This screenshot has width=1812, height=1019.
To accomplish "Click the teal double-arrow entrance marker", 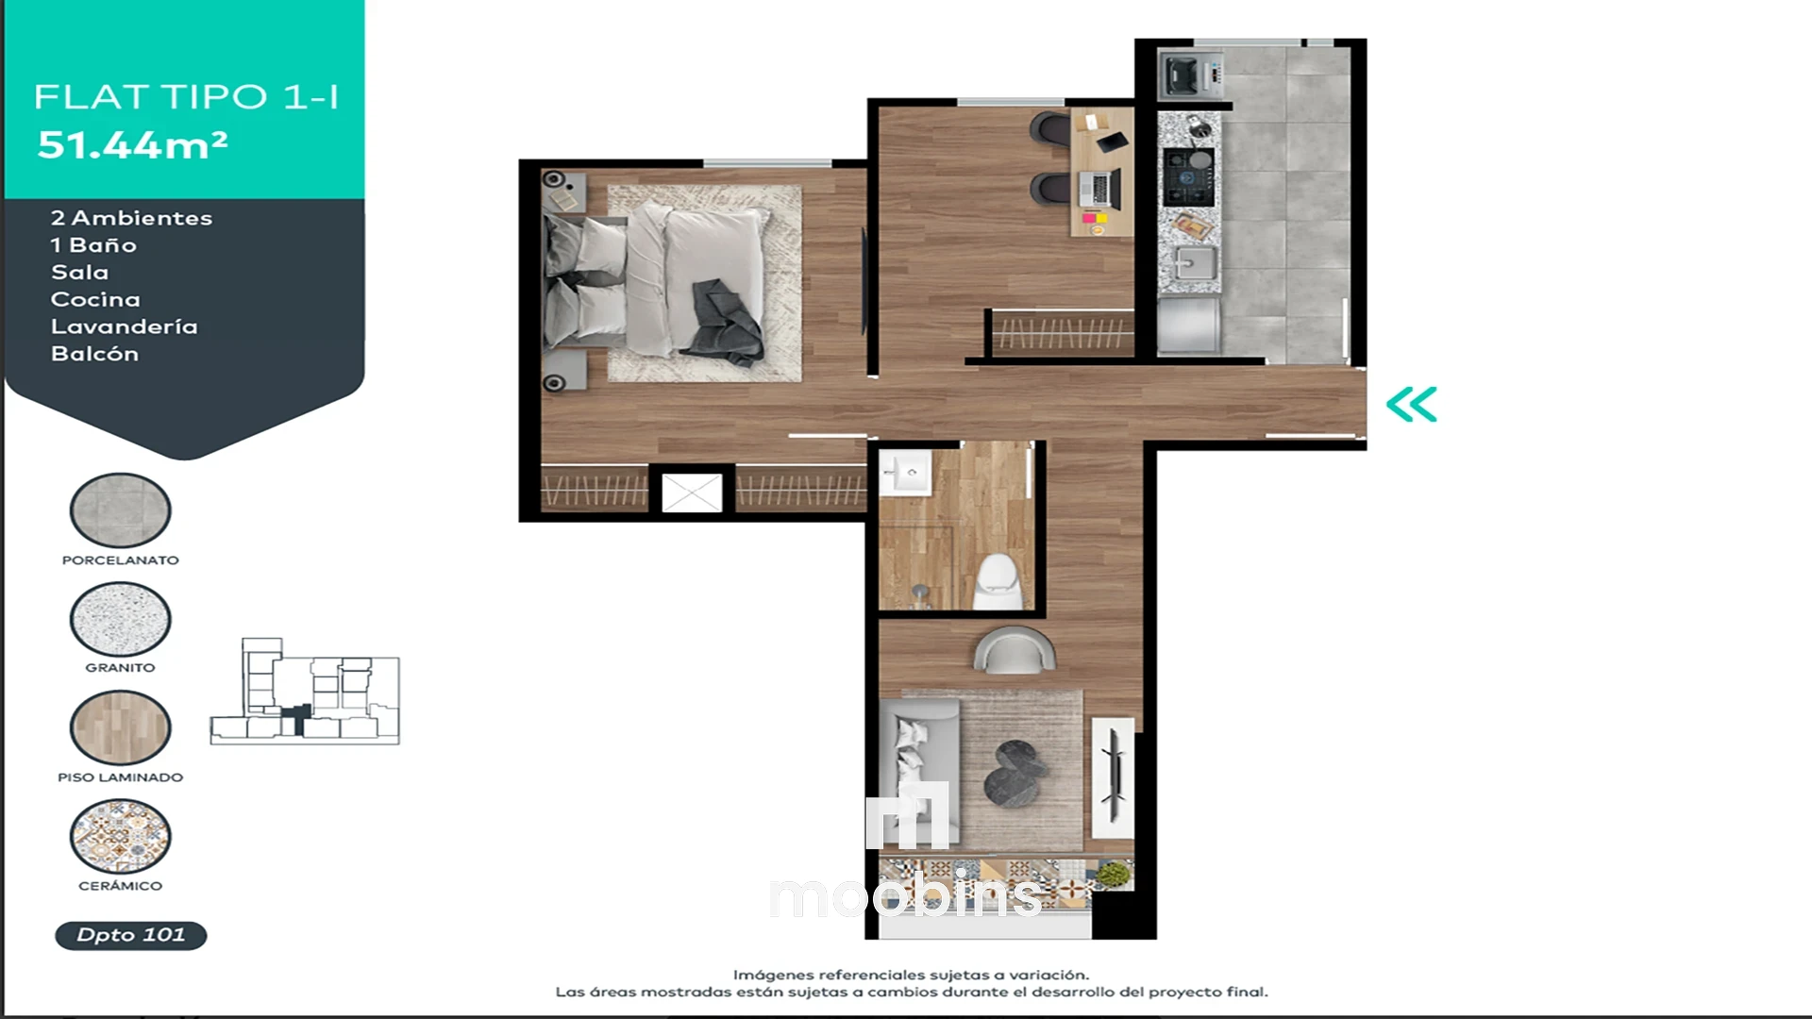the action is point(1411,404).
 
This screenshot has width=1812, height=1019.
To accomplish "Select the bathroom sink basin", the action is point(906,472).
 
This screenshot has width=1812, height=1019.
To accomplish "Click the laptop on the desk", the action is point(1099,189).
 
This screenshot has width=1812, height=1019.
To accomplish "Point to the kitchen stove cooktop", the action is point(1188,176).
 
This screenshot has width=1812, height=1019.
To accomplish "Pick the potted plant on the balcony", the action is point(1115,874).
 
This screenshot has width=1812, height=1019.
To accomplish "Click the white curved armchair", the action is point(1014,651).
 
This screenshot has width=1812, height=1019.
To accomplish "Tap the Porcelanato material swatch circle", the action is point(120,510).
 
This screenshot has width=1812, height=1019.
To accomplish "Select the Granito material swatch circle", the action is point(120,619).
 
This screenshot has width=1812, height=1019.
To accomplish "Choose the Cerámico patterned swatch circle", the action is point(120,837).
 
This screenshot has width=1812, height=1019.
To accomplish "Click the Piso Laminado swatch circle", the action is point(120,727).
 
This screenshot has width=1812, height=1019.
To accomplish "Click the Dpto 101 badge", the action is point(130,935).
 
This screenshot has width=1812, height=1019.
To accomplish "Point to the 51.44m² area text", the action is point(132,144).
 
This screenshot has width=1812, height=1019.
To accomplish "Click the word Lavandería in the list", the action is point(124,326).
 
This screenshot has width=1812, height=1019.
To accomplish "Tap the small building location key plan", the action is point(305,692).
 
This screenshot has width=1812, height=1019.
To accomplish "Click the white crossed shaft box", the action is point(692,493).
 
